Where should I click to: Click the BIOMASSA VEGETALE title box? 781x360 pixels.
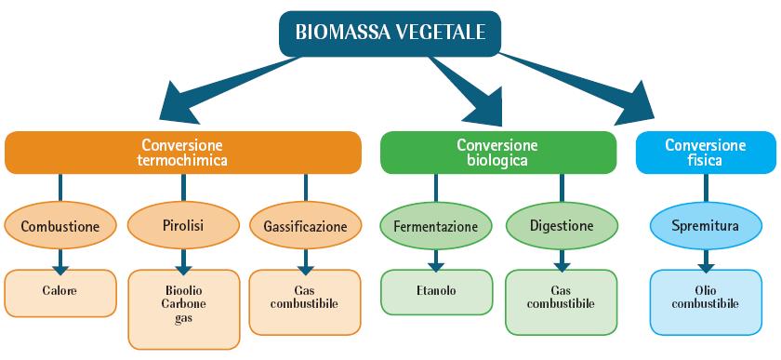coord(390,33)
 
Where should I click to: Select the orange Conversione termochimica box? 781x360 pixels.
coord(182,153)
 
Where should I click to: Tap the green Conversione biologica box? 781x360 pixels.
coord(497,153)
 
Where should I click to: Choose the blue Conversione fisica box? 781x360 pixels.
coord(705,153)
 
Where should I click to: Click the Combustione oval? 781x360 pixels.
coord(60,226)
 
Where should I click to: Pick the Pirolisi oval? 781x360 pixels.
coord(178,226)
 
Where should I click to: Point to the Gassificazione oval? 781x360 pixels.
coord(304,226)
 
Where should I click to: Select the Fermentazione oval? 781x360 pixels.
coord(435,226)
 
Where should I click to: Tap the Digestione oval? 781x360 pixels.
coord(561,226)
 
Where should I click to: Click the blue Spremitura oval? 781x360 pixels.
coord(707,226)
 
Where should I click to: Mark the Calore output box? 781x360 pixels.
coord(60,291)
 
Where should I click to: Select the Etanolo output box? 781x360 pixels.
coord(435,291)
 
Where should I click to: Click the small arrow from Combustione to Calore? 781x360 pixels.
coord(60,260)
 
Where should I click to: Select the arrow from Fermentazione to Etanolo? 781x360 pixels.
coord(435,260)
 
